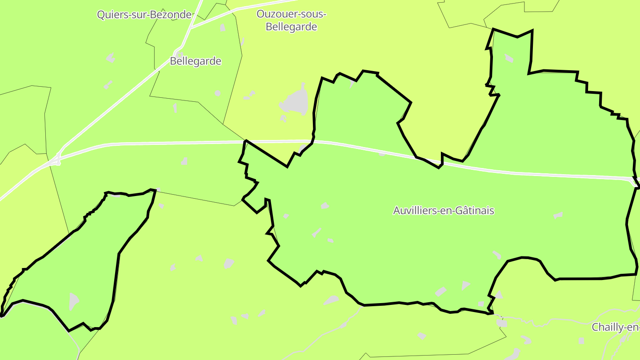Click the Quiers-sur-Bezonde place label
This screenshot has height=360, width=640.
coord(144,14)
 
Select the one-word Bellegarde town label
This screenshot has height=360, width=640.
coord(196,61)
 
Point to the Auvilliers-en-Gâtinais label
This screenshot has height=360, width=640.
coord(444,210)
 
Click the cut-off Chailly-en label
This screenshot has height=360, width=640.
coord(616,328)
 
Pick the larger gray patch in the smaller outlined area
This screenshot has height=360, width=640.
coord(74,301)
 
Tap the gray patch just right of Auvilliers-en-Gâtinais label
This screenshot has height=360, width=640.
coord(558,215)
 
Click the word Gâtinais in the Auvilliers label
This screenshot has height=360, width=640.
coord(476,210)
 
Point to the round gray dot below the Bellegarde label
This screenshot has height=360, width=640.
coord(217,93)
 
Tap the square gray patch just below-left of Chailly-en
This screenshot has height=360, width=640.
coord(581,340)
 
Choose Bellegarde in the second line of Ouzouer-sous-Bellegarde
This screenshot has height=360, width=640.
coord(291,27)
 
